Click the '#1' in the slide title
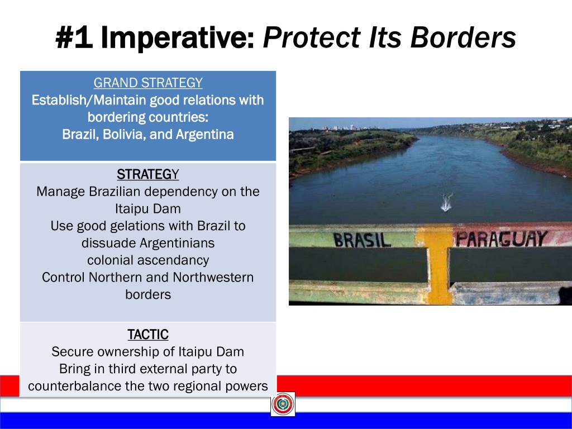point(74,37)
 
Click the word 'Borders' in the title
point(463,37)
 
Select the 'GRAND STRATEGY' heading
point(148,83)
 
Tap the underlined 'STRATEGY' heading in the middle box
point(148,174)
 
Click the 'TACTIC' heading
point(148,335)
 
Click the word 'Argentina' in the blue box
point(204,135)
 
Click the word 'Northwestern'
point(213,277)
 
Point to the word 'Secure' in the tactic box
point(73,352)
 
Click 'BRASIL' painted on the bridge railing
point(361,240)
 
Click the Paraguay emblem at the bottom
point(283,404)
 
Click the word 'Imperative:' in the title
point(178,38)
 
